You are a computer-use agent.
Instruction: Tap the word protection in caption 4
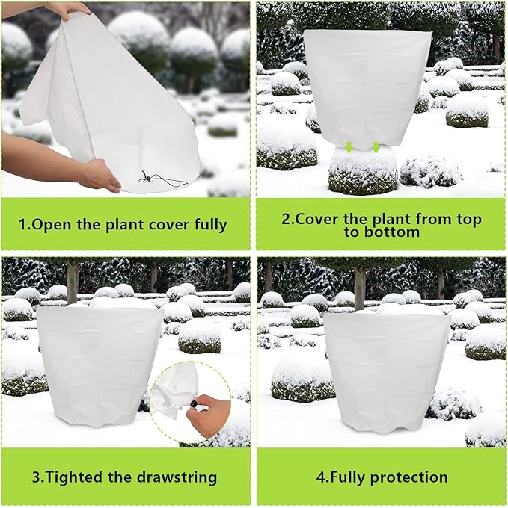click(x=408, y=477)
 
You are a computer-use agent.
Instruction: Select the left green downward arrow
click(x=348, y=147)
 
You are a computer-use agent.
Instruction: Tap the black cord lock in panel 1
click(x=147, y=178)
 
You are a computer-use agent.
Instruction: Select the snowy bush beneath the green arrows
click(x=363, y=172)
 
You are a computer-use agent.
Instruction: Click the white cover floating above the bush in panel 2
click(x=366, y=86)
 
